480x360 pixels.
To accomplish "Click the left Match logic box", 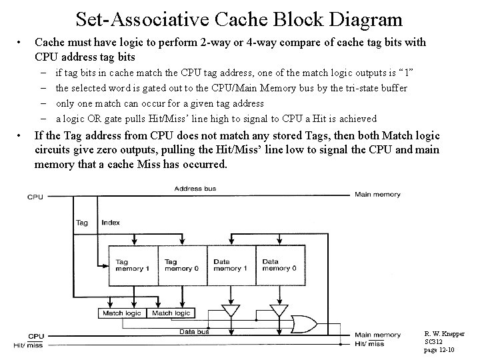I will (121, 313).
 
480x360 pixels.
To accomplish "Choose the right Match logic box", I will (171, 313).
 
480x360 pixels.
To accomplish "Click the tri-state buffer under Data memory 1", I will (231, 311).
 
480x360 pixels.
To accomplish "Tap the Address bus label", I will (195, 189).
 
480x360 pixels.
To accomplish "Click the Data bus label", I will (194, 331).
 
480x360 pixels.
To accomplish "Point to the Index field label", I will (111, 223).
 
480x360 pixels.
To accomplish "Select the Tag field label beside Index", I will (82, 223).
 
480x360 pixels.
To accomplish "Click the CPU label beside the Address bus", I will (36, 196).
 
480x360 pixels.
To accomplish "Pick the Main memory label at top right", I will (377, 195).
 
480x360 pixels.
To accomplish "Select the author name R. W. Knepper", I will (445, 333).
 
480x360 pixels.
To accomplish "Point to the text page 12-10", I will (440, 350).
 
